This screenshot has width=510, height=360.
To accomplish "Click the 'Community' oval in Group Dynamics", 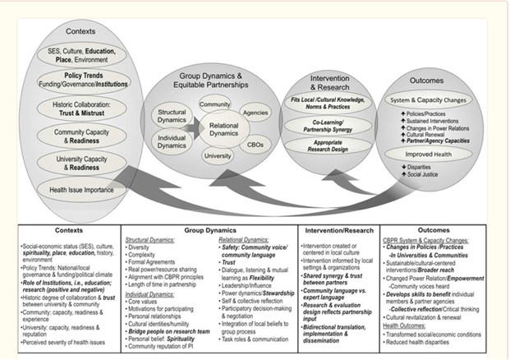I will click(214, 105).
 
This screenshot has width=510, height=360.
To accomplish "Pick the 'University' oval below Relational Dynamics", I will click(217, 155).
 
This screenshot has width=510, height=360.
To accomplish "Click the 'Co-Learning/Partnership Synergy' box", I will click(327, 126).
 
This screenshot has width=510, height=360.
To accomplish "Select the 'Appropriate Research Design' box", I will click(327, 149).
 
